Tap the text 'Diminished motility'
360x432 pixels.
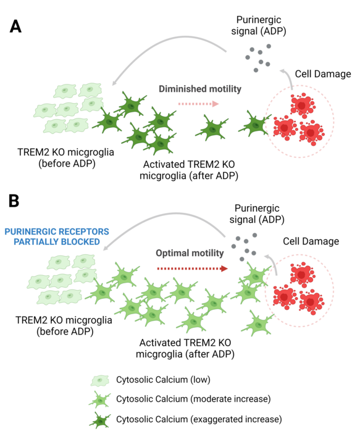199,89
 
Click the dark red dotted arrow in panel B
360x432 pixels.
192,268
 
